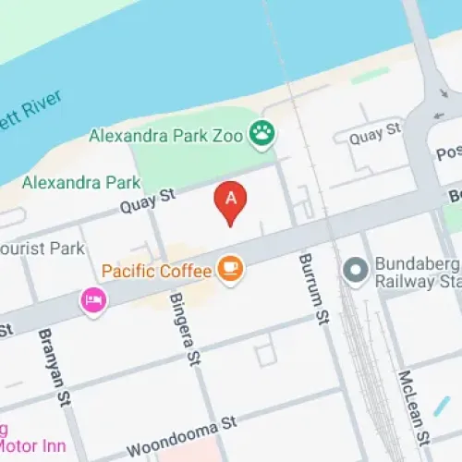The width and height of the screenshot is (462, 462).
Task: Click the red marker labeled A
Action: tap(231, 200)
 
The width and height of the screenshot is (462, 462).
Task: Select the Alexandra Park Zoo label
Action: tap(166, 137)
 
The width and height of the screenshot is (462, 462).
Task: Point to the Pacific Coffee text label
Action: tap(155, 272)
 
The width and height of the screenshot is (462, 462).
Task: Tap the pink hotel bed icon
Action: tap(93, 299)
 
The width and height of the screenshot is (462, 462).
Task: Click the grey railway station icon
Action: tap(354, 271)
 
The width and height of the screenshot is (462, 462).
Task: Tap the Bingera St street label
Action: tap(182, 327)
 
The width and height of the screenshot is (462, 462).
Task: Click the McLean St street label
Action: tap(409, 407)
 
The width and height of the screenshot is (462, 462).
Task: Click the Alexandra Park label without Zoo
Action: tap(82, 182)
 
